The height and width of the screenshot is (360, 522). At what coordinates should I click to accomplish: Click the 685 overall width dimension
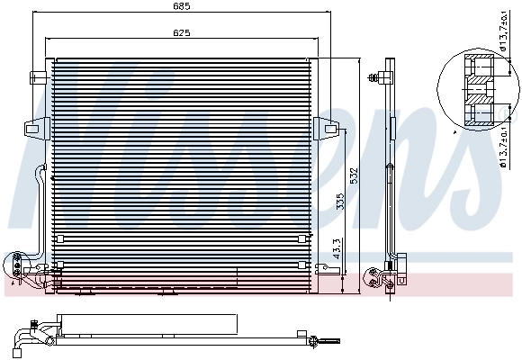click(184, 8)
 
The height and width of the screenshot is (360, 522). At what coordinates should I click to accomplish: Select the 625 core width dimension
click(184, 33)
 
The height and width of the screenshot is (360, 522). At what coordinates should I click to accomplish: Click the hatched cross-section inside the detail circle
click(479, 91)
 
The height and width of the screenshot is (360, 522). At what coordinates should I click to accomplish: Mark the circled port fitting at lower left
click(16, 264)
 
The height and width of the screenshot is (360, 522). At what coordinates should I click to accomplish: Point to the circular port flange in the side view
click(371, 276)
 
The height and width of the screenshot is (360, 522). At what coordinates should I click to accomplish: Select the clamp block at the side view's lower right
click(402, 263)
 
